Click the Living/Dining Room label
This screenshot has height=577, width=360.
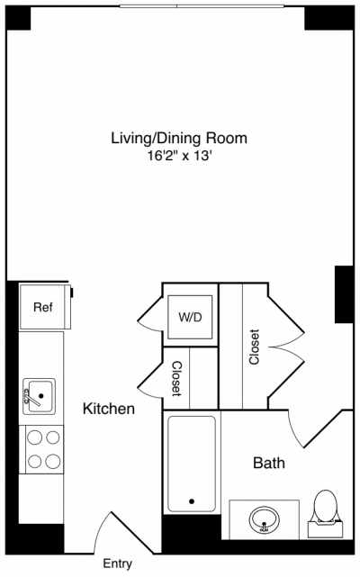point(178,139)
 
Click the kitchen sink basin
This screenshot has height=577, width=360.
point(40,394)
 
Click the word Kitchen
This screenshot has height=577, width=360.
point(109,409)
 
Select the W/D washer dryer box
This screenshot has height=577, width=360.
point(190,316)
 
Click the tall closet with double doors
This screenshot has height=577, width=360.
point(254,346)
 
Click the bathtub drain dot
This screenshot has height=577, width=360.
point(191,501)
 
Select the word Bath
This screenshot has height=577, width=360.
point(268,464)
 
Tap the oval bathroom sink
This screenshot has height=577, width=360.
point(264,518)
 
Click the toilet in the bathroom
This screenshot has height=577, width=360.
point(324,508)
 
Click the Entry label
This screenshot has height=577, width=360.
point(117,564)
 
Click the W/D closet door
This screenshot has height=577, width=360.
point(148,315)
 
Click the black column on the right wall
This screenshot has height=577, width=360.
point(343,293)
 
